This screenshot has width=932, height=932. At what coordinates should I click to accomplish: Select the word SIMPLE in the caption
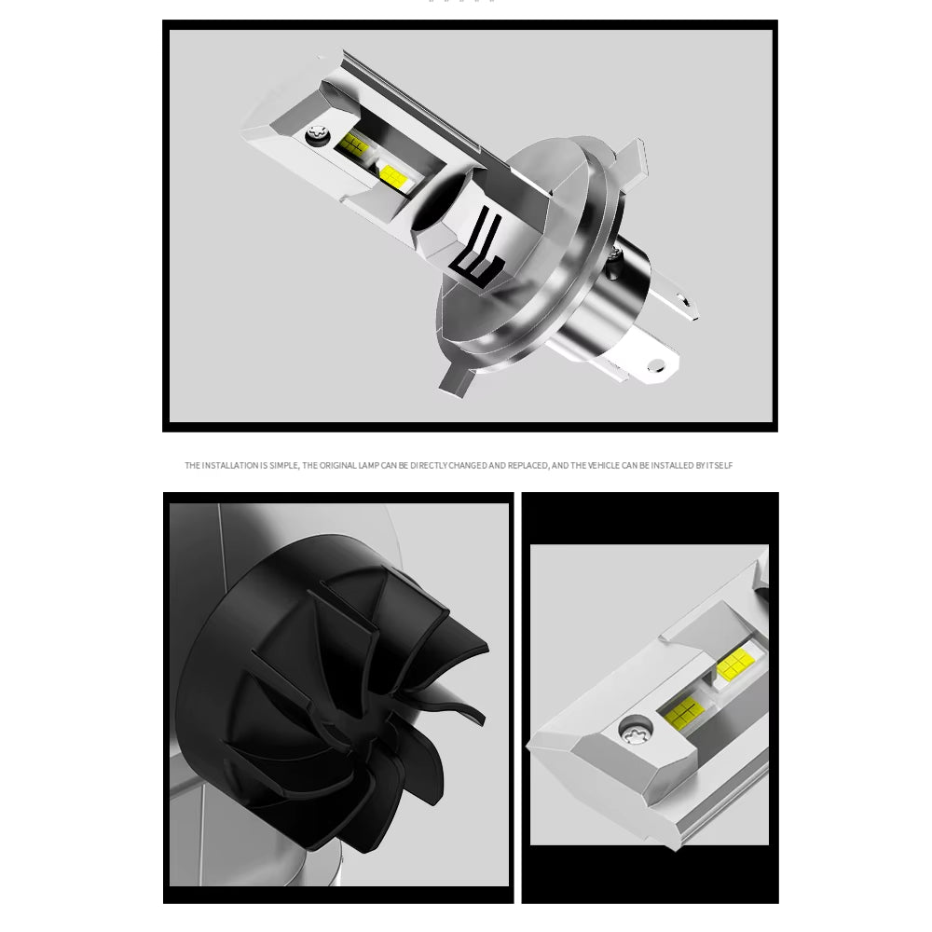(281, 465)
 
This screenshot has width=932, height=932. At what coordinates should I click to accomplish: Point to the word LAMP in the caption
(370, 465)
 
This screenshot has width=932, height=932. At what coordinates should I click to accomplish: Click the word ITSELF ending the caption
(720, 465)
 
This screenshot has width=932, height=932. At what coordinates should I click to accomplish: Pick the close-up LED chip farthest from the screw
(734, 665)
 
